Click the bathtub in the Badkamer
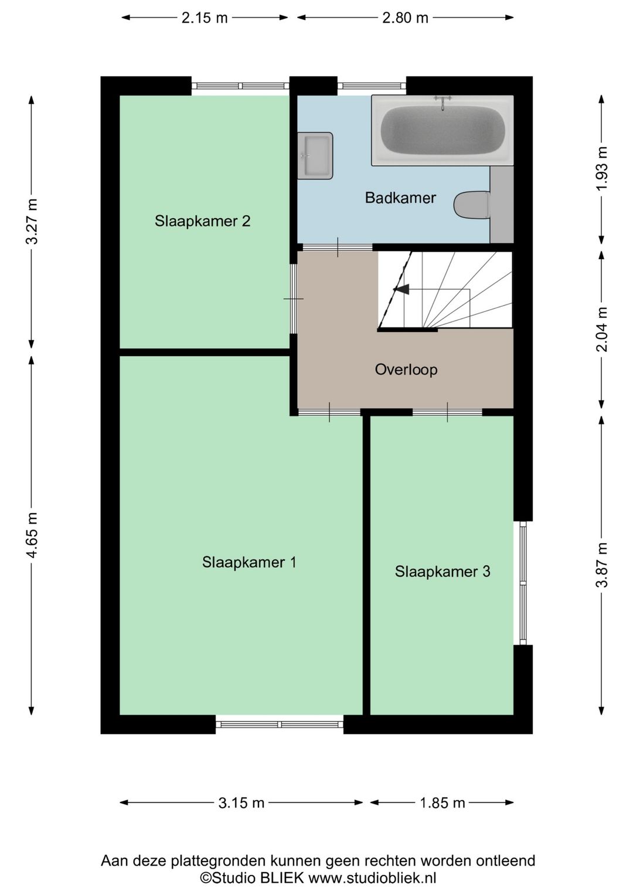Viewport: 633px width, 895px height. [443, 130]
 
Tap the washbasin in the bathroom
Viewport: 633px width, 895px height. [315, 155]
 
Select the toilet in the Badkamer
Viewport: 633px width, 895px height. [472, 205]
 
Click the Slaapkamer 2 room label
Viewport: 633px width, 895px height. [203, 221]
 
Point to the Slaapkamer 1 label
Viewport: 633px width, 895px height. [249, 562]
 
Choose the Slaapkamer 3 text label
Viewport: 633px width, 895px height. [443, 572]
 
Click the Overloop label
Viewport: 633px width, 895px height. [406, 369]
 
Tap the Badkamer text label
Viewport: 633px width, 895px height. [400, 198]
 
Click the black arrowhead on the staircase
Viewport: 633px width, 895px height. [402, 289]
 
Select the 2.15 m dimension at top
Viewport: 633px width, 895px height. [205, 18]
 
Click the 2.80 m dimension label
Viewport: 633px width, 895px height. [405, 18]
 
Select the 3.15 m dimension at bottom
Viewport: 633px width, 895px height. [241, 803]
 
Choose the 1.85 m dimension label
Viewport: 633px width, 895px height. [443, 803]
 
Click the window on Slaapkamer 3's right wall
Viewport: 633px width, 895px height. [523, 583]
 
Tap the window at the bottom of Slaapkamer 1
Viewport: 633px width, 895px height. [280, 724]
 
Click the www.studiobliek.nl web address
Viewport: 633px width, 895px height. [372, 878]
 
